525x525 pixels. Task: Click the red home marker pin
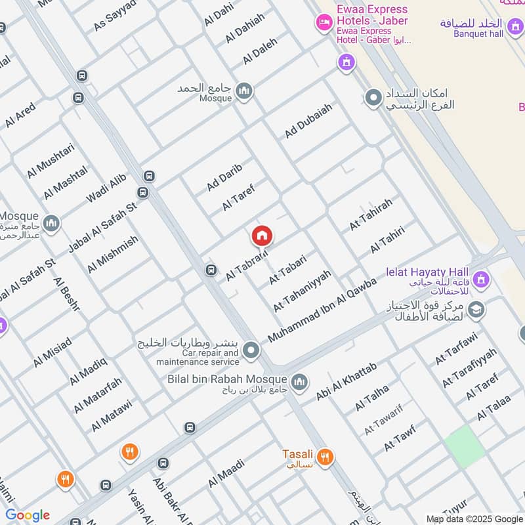[x=262, y=236]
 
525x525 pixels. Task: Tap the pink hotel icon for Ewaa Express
[x=324, y=24]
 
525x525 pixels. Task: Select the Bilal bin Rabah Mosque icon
[x=299, y=381]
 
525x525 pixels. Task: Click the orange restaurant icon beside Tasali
[x=324, y=457]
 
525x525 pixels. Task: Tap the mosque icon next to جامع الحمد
[x=244, y=91]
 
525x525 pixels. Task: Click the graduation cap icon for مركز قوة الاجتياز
[x=476, y=309]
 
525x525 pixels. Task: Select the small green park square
[x=465, y=446]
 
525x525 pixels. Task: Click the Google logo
[x=28, y=515]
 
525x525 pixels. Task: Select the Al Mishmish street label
[x=112, y=255]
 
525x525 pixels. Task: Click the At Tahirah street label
[x=371, y=214]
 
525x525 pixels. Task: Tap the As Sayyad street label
[x=115, y=15]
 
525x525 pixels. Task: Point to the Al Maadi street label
[x=226, y=473]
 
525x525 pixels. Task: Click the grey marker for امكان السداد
[x=373, y=98]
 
